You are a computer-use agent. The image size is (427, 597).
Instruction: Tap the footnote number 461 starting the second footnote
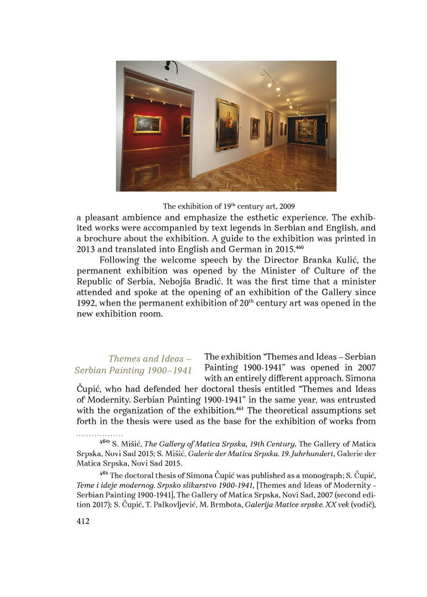[103, 474]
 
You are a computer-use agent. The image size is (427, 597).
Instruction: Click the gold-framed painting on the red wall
[147, 124]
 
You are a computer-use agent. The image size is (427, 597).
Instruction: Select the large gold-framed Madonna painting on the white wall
[227, 124]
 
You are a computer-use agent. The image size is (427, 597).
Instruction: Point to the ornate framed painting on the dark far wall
[305, 130]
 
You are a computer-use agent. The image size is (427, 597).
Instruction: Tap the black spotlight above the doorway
[168, 66]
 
